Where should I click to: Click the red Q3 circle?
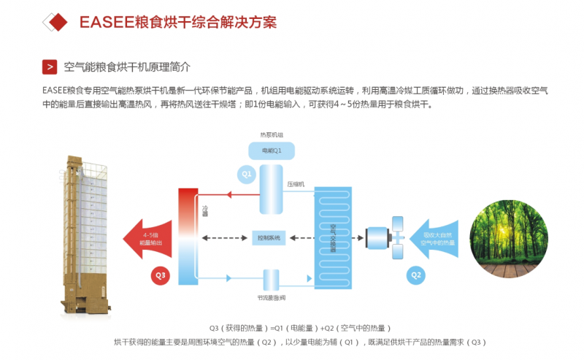(161, 275)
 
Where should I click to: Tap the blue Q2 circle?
(415, 275)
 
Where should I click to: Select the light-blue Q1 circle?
(247, 175)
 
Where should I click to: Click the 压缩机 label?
(296, 184)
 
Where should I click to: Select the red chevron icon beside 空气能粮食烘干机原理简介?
(50, 67)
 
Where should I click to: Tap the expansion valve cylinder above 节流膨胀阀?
(271, 279)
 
